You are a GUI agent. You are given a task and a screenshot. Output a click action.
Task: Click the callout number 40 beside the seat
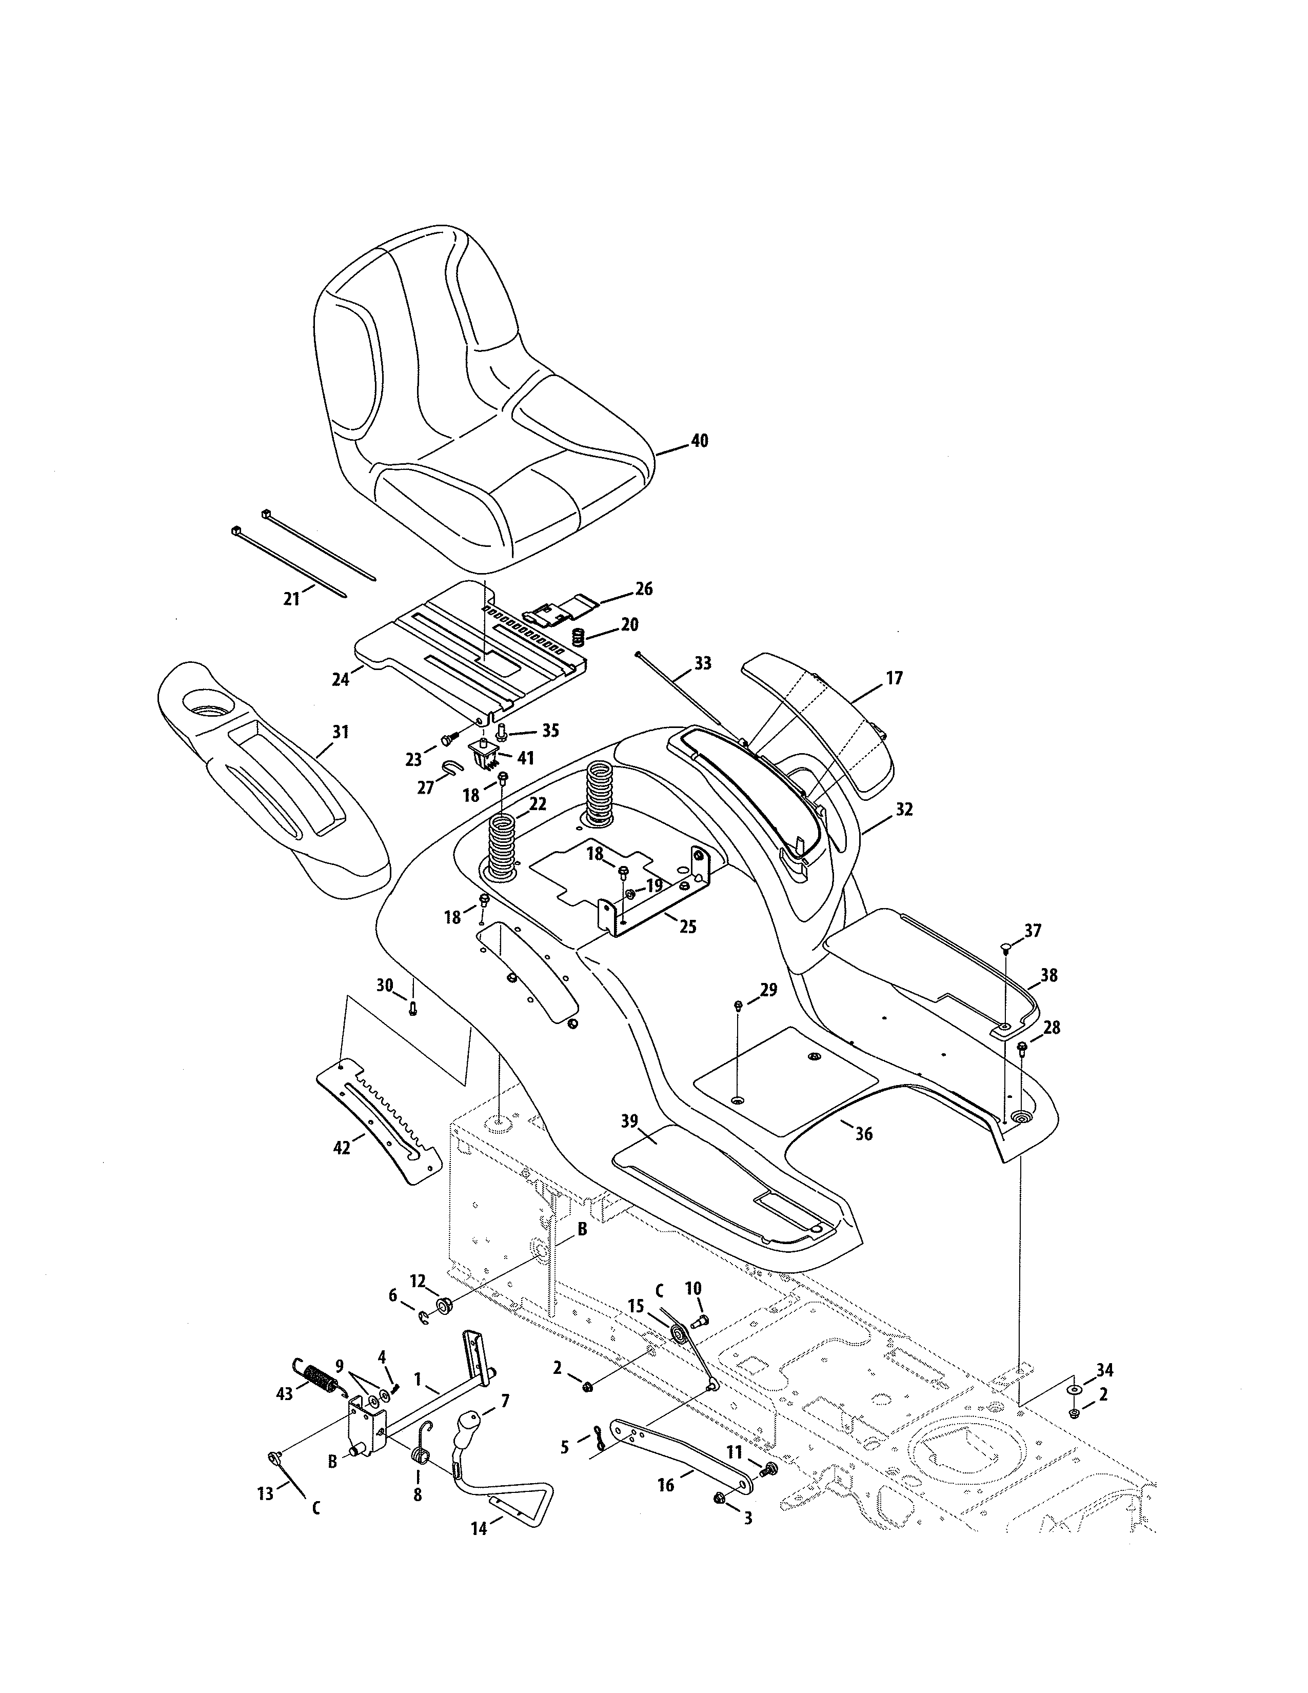click(x=699, y=441)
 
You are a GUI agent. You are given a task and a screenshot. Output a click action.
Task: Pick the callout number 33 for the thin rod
click(x=702, y=663)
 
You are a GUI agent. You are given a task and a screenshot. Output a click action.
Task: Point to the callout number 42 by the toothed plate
click(x=342, y=1147)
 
